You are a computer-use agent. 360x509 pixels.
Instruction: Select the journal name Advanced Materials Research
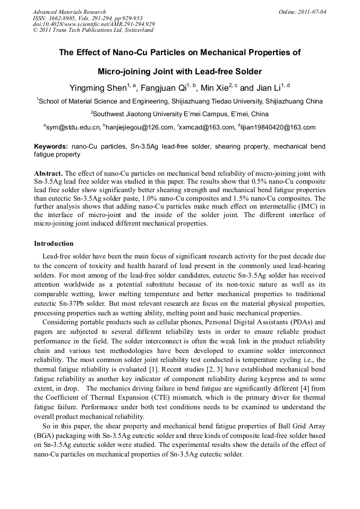pyautogui.click(x=69, y=11)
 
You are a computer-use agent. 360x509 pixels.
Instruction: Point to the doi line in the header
pyautogui.click(x=93, y=24)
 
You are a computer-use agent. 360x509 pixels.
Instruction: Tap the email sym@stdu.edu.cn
pyautogui.click(x=73, y=127)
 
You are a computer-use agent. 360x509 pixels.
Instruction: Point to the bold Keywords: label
pyautogui.click(x=51, y=146)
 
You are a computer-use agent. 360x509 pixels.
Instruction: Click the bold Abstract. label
pyautogui.click(x=49, y=174)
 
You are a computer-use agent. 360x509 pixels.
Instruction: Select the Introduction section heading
pyautogui.click(x=54, y=244)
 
